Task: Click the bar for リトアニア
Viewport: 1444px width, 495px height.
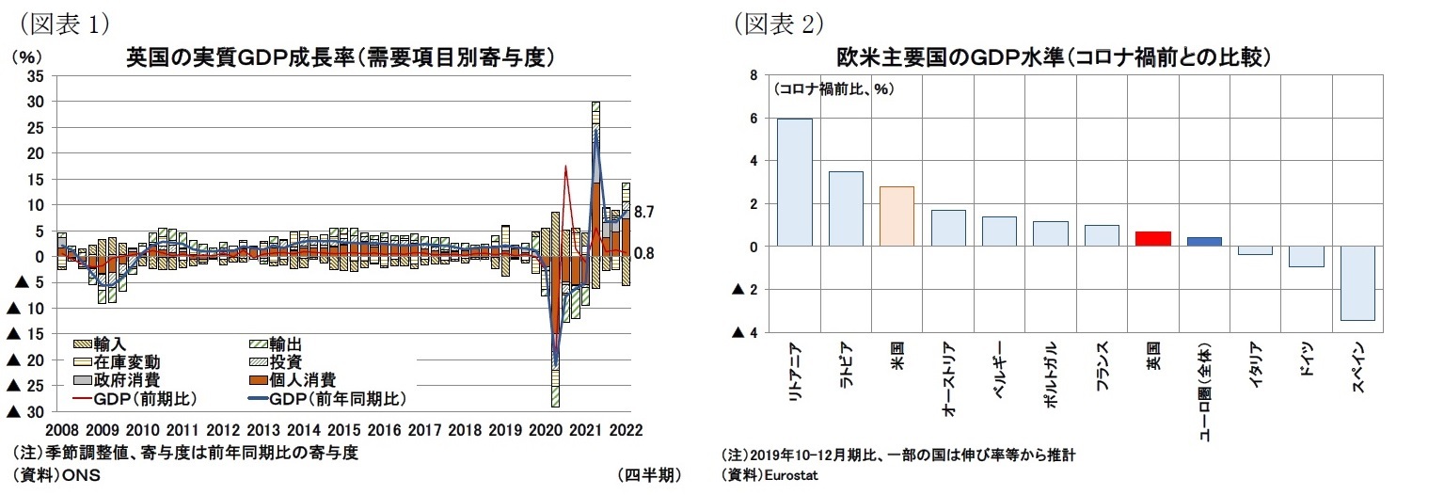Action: click(x=794, y=183)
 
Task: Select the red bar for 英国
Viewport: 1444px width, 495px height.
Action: click(x=1152, y=239)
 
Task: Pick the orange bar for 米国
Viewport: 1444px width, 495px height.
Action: click(x=897, y=216)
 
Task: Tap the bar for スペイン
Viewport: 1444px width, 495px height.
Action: click(x=1357, y=282)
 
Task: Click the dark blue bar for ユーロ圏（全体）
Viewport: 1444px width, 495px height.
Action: click(x=1204, y=242)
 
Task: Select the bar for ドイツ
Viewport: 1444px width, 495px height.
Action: click(x=1306, y=256)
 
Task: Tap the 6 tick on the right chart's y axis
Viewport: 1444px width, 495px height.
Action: click(x=750, y=119)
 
